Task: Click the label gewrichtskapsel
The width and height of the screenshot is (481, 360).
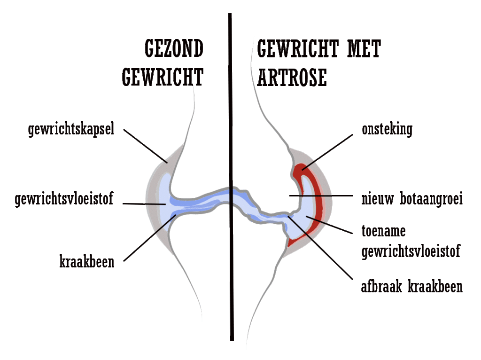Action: click(x=71, y=130)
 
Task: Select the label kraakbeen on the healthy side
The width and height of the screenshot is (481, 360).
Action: click(x=87, y=262)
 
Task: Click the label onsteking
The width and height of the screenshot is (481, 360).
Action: click(x=387, y=130)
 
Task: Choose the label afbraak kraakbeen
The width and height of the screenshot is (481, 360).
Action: click(x=411, y=286)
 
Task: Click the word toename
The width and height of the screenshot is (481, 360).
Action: click(x=383, y=232)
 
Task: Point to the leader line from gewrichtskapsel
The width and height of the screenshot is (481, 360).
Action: click(x=145, y=145)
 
